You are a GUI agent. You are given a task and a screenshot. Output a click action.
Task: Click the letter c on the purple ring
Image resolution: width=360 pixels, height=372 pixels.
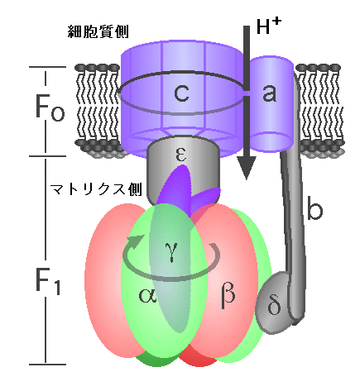pos(181,93)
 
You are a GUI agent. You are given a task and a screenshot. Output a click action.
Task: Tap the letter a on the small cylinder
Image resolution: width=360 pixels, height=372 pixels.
pos(269,93)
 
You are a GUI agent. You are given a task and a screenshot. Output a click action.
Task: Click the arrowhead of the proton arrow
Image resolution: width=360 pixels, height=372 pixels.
pos(247,168)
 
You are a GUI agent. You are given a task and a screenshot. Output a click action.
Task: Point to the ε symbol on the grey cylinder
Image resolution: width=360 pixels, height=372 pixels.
pos(181,154)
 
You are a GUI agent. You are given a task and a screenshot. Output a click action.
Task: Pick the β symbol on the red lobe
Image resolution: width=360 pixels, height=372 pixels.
pos(228,295)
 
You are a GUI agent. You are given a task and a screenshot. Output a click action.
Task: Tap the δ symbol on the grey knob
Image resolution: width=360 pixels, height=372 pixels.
pos(274,305)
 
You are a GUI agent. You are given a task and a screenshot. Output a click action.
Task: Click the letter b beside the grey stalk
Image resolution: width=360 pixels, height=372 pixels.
pos(314,208)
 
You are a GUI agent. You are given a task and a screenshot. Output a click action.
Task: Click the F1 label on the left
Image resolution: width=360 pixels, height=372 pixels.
pos(48,279)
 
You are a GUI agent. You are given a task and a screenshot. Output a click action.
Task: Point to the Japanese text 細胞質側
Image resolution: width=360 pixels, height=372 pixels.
pos(98,31)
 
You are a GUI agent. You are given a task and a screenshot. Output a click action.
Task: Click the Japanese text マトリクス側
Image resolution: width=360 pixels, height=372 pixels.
pos(96,189)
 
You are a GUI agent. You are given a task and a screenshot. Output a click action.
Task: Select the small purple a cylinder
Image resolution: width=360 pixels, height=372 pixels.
pos(271,104)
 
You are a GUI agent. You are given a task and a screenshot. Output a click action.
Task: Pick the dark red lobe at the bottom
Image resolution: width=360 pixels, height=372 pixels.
pos(197,359)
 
